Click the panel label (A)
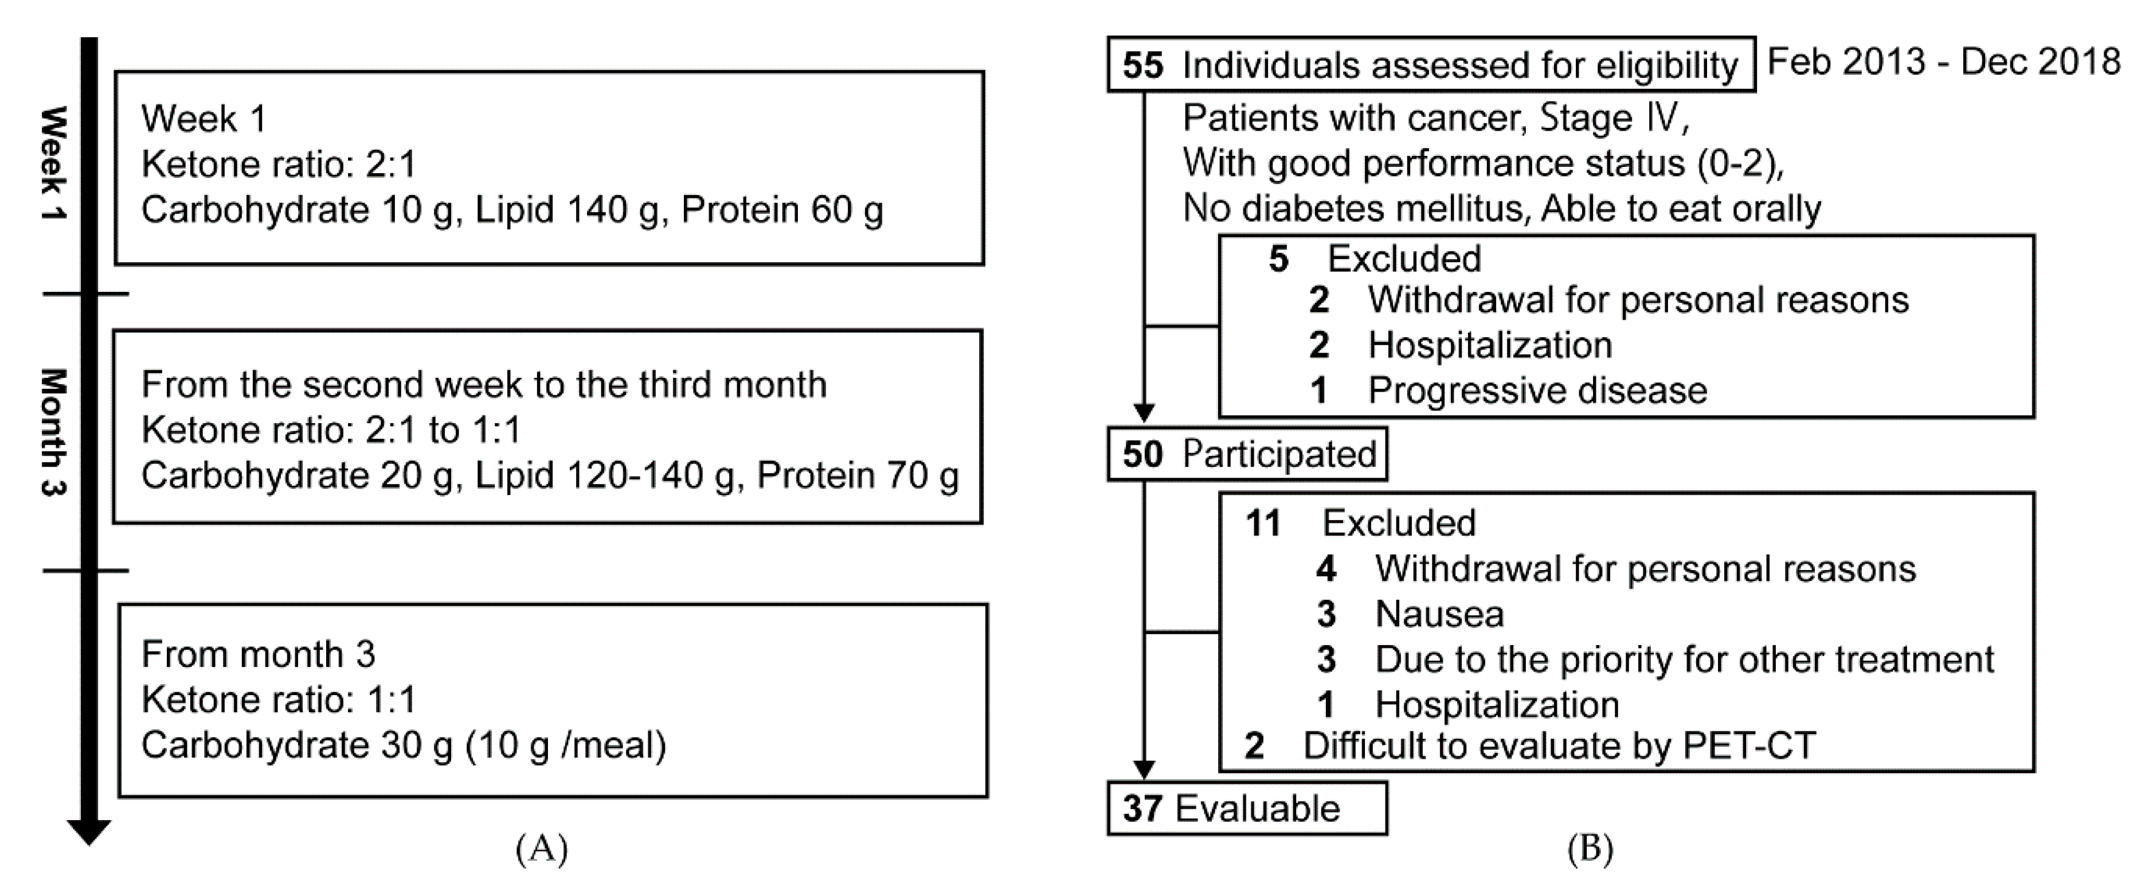(x=541, y=849)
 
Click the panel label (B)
(x=1590, y=849)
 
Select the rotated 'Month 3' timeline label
(x=54, y=432)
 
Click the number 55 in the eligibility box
(x=1143, y=65)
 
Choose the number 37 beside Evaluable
(x=1143, y=809)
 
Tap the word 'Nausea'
(x=1439, y=614)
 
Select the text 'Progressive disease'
(x=1537, y=391)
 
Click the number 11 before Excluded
(x=1262, y=524)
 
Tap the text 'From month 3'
(x=259, y=655)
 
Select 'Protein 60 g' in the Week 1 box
(x=781, y=210)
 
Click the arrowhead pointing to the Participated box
(x=1145, y=413)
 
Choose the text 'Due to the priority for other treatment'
(x=1684, y=659)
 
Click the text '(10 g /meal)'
(x=566, y=746)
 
